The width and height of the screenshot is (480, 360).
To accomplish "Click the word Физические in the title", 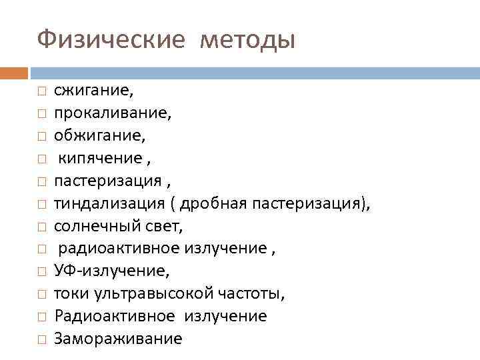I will tap(109, 40).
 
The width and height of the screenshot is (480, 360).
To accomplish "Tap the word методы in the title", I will tap(247, 40).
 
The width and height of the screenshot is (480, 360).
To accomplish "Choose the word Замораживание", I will tap(118, 339).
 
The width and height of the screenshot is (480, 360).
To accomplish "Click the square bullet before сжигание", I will tap(41, 91).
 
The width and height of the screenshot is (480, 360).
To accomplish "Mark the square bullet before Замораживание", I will tap(41, 339).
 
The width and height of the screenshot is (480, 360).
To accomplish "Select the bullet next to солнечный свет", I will tap(41, 227).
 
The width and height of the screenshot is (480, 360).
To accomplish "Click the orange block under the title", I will tap(14, 72).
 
